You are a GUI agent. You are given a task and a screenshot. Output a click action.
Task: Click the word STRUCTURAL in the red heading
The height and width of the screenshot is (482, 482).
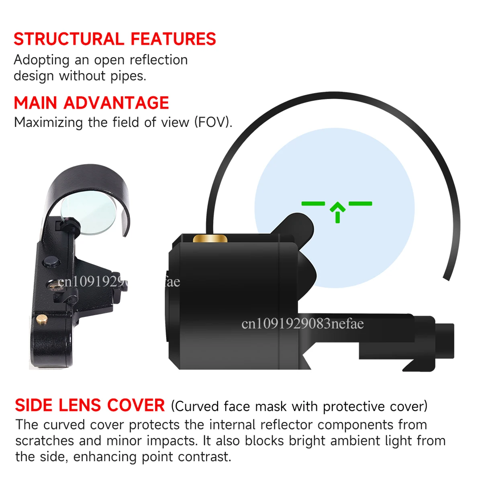tap(69, 39)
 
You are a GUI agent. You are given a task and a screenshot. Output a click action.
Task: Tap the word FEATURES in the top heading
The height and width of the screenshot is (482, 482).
tap(174, 39)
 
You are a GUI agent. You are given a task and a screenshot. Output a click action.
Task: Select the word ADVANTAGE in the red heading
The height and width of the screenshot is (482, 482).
tap(116, 103)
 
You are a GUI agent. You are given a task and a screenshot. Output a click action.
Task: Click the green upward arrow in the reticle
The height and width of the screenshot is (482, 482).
tap(337, 212)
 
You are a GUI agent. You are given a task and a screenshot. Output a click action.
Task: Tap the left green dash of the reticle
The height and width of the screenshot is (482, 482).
tap(313, 204)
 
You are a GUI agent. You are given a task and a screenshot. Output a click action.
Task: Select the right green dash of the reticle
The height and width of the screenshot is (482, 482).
tap(360, 204)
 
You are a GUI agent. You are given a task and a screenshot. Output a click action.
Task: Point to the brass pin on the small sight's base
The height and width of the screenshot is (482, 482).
tap(42, 319)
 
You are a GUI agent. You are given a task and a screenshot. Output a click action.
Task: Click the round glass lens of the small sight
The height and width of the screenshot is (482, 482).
tap(89, 213)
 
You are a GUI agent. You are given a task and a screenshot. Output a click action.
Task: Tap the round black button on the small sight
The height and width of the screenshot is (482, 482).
tap(51, 262)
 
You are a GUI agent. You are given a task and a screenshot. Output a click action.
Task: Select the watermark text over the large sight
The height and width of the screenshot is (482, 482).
tap(303, 323)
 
